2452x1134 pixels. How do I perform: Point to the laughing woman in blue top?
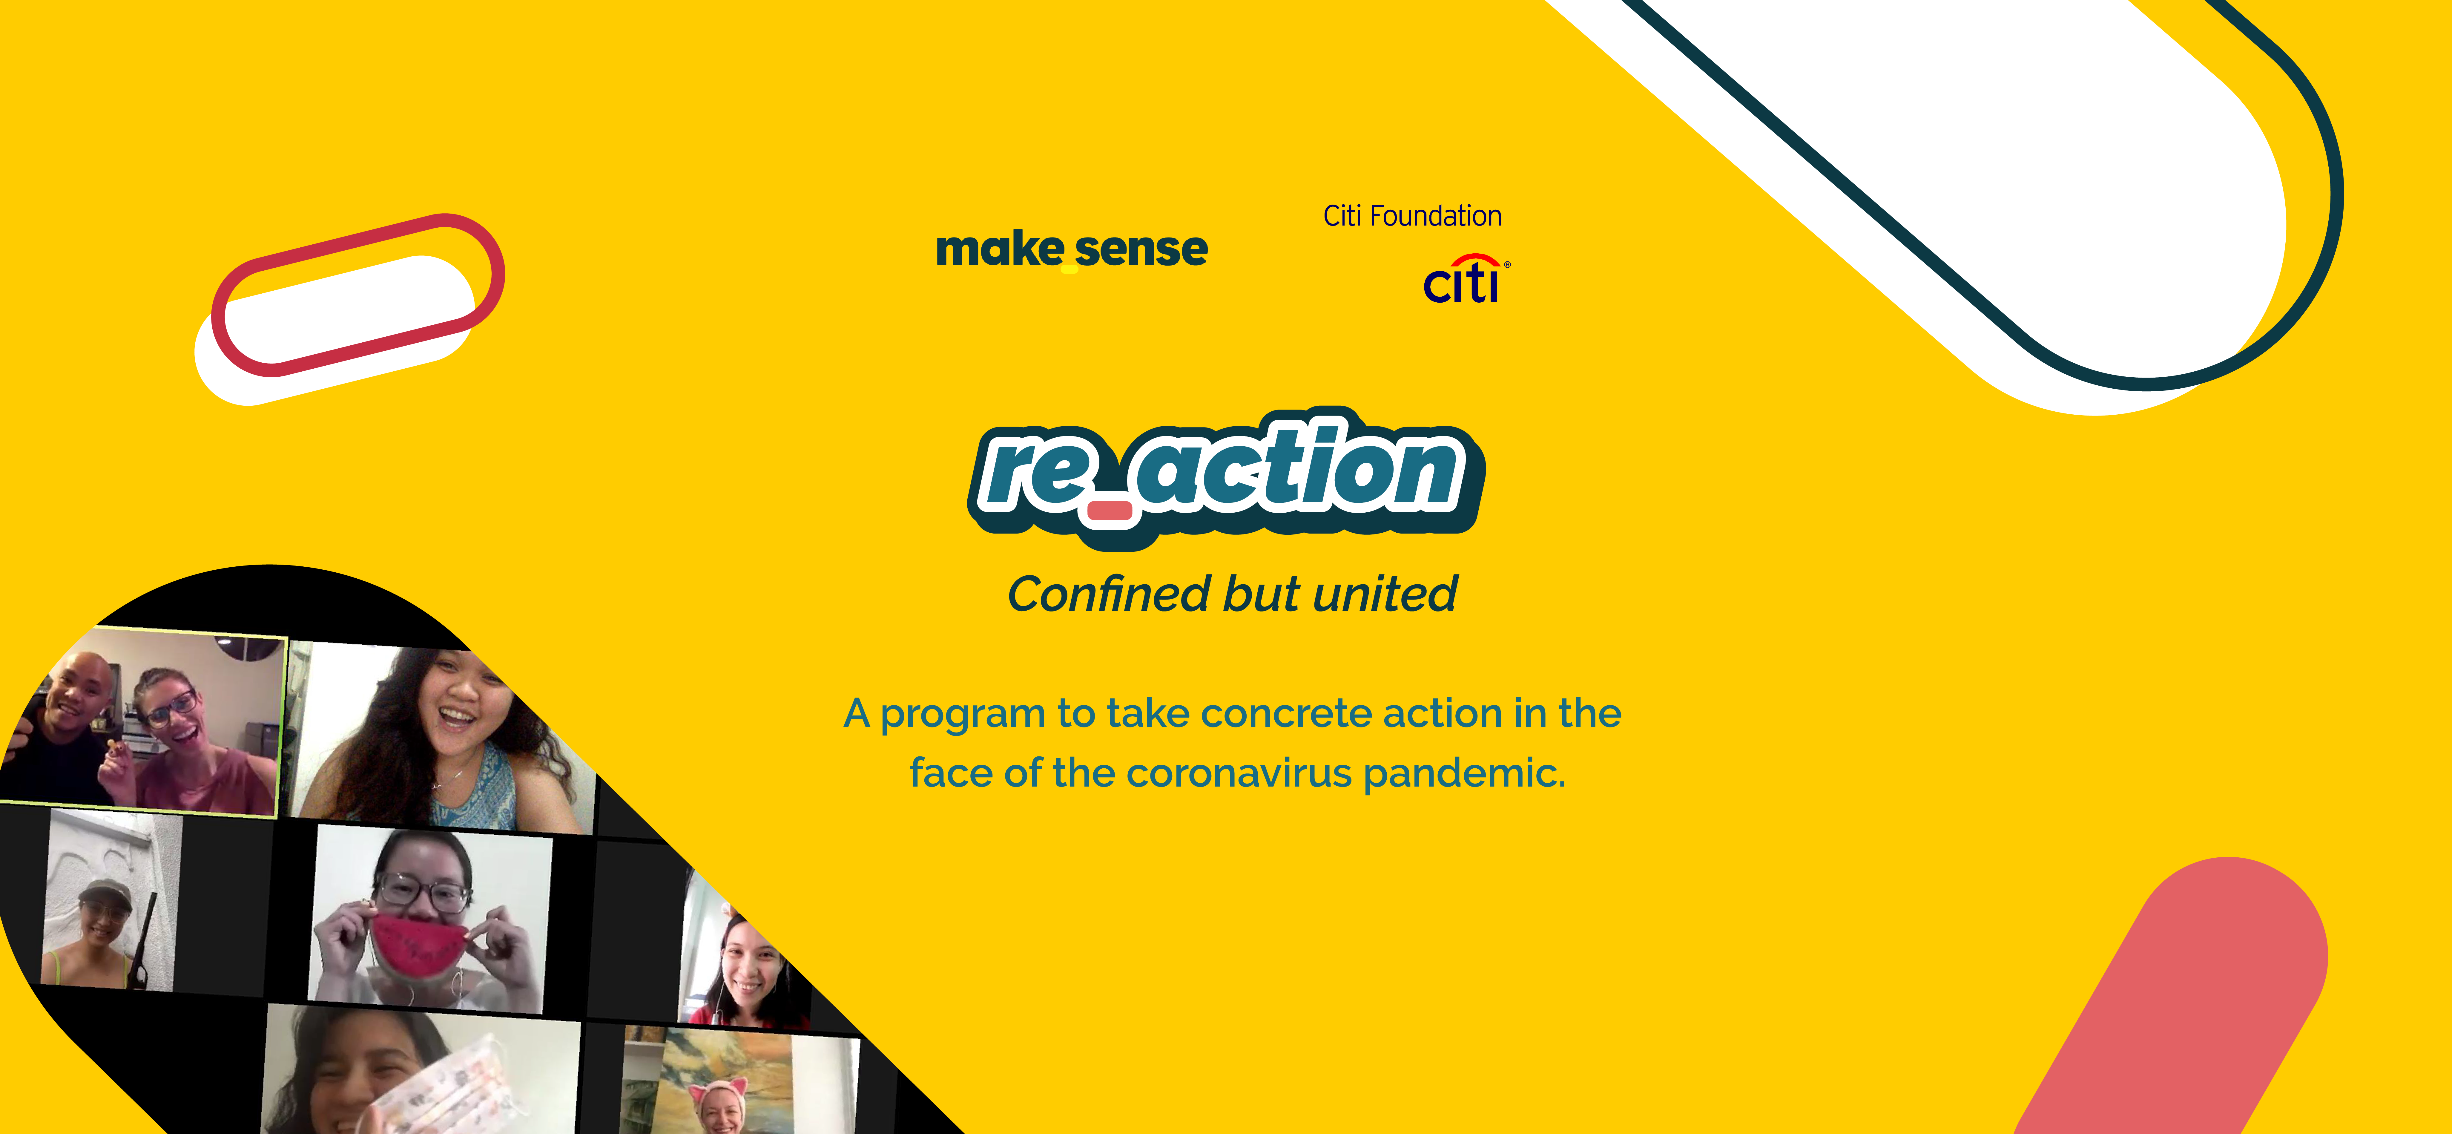pos(443,738)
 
